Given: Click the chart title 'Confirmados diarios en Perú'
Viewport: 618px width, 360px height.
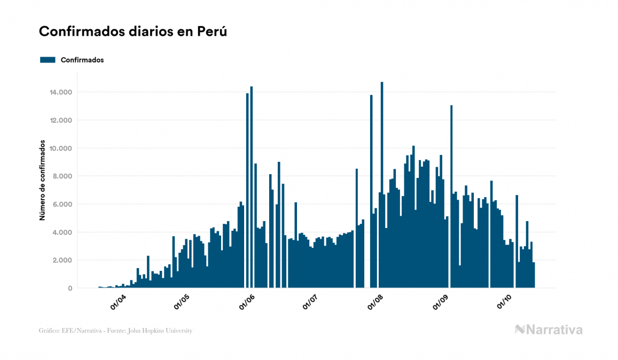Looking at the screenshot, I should coord(133,32).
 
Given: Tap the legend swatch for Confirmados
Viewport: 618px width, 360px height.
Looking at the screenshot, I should coord(48,60).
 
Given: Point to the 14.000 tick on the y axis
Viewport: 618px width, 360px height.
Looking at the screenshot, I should coord(61,92).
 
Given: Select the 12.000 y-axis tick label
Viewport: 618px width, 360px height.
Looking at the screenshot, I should coord(61,120).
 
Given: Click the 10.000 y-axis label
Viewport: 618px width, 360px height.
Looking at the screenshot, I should coord(61,148).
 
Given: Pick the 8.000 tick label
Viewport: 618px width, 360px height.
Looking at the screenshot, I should coord(63,176).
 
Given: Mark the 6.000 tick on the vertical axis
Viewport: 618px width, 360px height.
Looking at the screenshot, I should coord(63,204).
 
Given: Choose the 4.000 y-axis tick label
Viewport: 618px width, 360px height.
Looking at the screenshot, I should coord(63,232).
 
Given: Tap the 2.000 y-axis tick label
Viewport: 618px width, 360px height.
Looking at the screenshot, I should coord(63,260).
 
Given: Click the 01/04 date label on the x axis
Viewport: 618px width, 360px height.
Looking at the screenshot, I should coord(119,302).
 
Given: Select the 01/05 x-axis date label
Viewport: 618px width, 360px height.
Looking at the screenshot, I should coord(182,302).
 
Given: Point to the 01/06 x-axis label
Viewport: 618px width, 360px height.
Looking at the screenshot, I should coord(247,302).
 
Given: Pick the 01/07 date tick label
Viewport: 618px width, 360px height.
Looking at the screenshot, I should coord(310,302).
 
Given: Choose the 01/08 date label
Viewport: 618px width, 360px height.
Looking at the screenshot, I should coord(376,302).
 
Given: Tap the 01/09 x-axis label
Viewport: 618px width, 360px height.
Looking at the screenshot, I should coord(441,302).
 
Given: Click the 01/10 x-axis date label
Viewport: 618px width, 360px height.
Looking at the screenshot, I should coord(504,302).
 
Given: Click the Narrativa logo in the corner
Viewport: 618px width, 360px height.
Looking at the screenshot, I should coord(549,330).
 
